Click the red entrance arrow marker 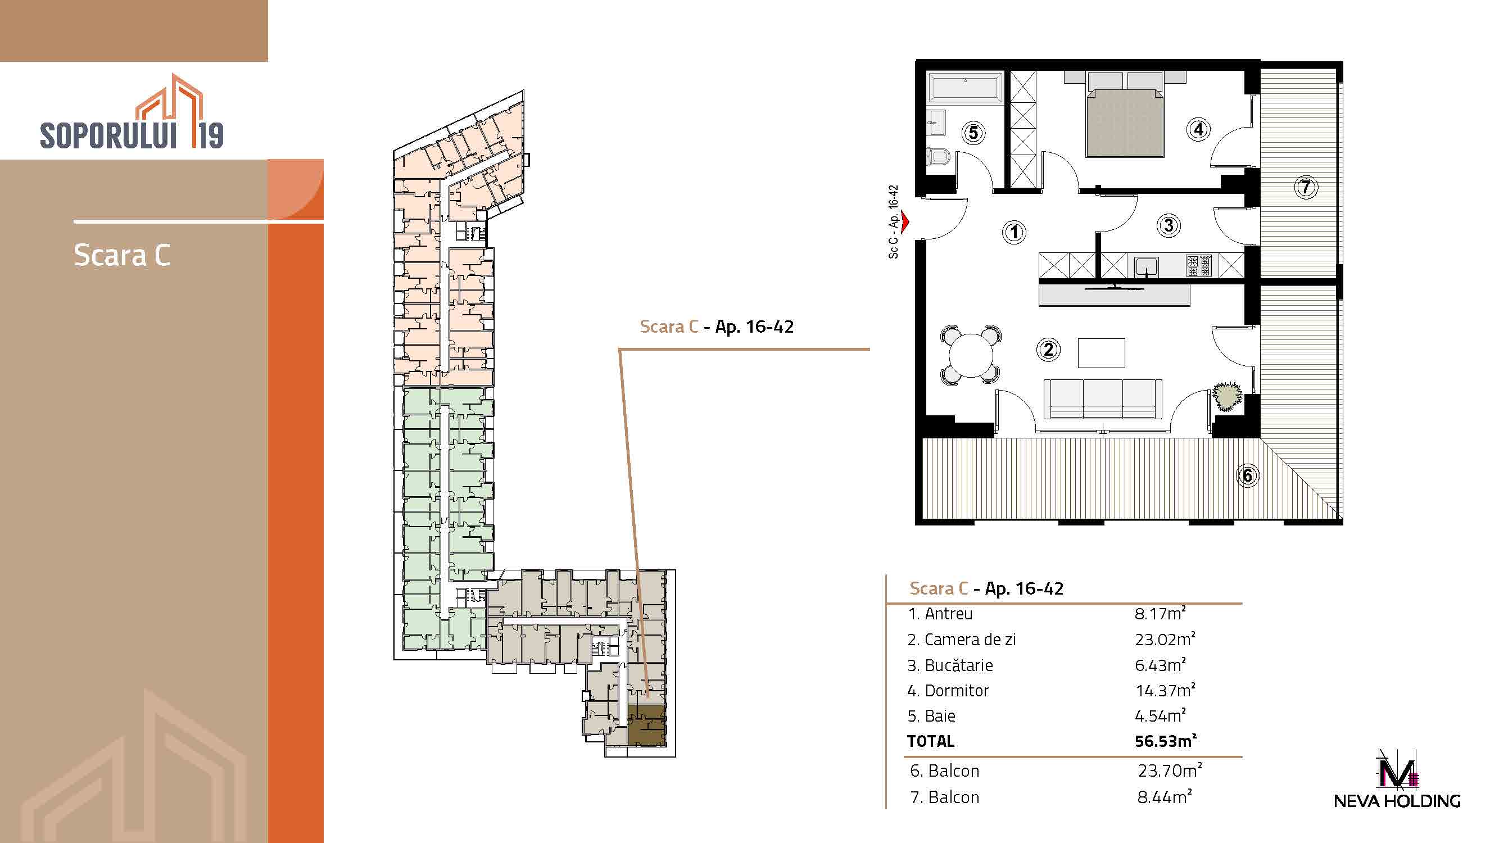(x=904, y=221)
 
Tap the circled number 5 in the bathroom (x=973, y=133)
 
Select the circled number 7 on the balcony (x=1306, y=187)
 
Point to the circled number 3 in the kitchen (x=1169, y=225)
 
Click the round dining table (x=971, y=355)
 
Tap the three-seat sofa (x=1103, y=399)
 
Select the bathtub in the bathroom (x=966, y=88)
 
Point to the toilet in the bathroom (x=938, y=156)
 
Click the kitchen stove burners (x=1199, y=265)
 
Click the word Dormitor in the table (x=957, y=691)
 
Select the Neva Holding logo (x=1397, y=779)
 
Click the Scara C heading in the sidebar (x=122, y=255)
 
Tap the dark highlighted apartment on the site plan (x=647, y=725)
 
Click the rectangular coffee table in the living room (x=1101, y=352)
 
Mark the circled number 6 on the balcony (x=1247, y=475)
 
